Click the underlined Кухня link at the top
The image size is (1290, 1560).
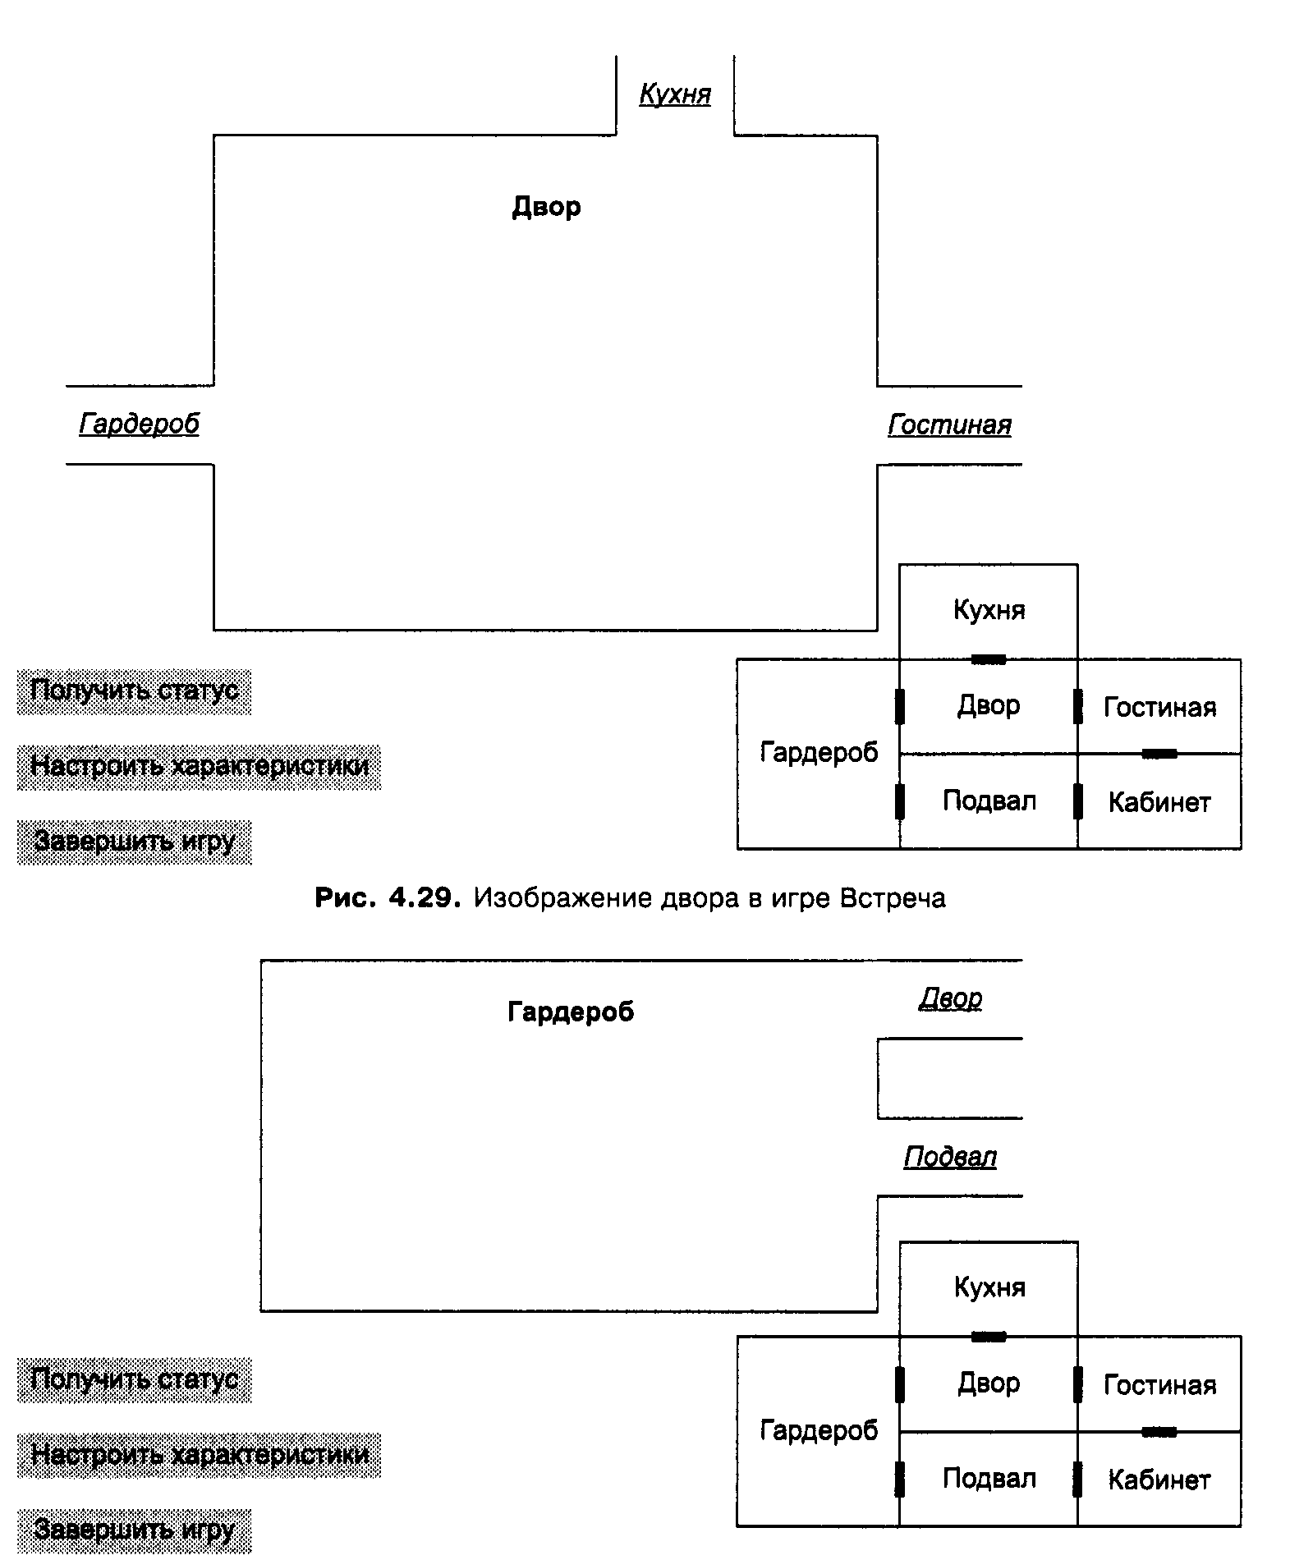[675, 94]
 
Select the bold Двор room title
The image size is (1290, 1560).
[546, 206]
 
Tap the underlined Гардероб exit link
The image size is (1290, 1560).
[139, 424]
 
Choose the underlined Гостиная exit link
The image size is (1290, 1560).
[949, 424]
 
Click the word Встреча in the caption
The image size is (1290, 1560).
[893, 898]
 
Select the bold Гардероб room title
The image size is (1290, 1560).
[571, 1012]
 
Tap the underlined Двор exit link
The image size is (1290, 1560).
[950, 998]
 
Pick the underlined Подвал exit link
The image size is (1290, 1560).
[950, 1157]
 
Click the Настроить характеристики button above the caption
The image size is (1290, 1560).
[200, 767]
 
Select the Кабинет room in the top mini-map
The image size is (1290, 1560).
[1159, 801]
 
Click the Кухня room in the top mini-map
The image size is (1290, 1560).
[989, 610]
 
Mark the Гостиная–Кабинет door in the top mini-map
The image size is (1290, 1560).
[1159, 754]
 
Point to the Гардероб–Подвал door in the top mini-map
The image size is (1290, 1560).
[900, 801]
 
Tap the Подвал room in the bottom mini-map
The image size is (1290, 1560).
[989, 1478]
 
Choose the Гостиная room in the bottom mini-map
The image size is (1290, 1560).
[1159, 1385]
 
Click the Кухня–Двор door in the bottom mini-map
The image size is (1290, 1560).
[989, 1337]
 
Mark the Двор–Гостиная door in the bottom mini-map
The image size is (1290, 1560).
[1078, 1384]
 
